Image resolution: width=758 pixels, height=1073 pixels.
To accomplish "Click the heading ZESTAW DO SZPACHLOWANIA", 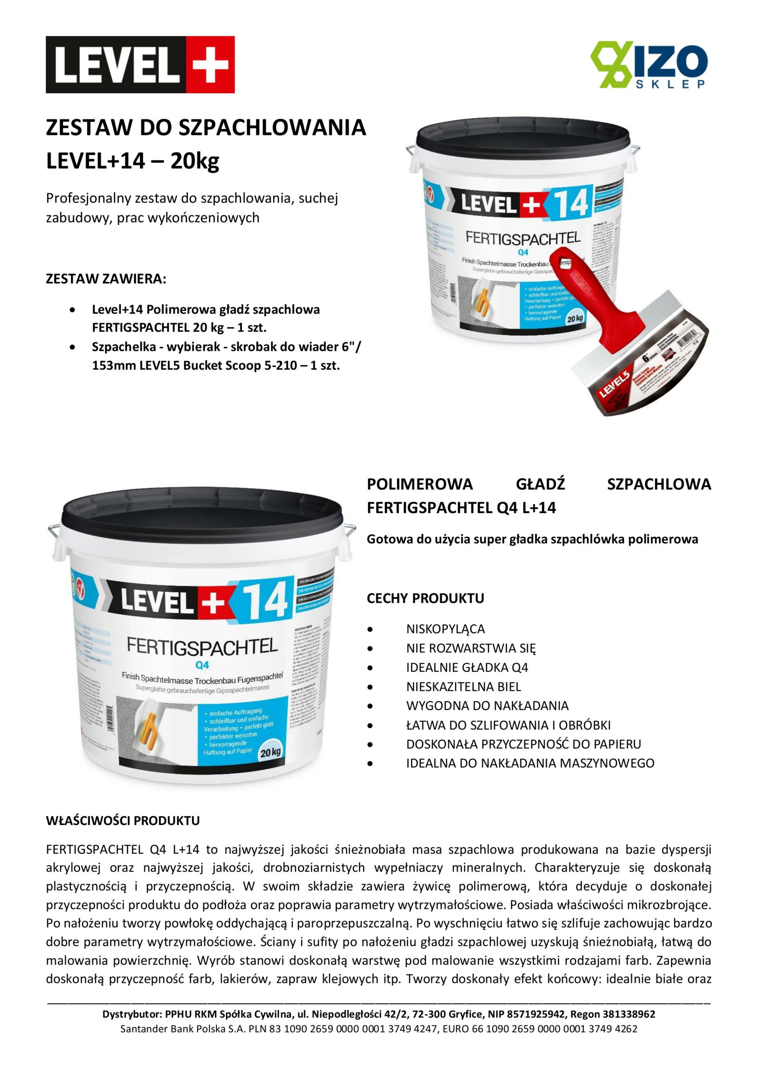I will point(206,127).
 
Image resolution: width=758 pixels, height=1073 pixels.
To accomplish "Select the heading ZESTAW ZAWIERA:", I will point(106,279).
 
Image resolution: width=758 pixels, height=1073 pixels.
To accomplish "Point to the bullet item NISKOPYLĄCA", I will point(445,629).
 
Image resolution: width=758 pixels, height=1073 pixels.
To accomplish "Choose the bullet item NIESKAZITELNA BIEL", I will point(463,687).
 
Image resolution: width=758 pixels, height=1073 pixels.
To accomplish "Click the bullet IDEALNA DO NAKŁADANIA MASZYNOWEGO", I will point(530,763).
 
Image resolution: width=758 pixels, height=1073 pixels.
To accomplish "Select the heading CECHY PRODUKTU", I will point(425,598).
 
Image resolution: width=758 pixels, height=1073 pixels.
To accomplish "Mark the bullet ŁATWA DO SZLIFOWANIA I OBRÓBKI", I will point(508,725).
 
